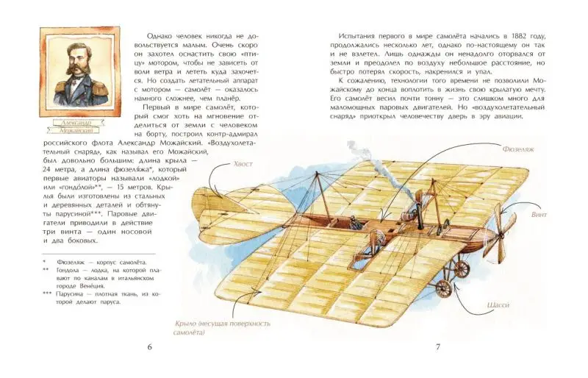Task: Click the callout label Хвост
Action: pyautogui.click(x=243, y=164)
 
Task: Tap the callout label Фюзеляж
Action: pyautogui.click(x=518, y=149)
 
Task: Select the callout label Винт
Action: pyautogui.click(x=539, y=215)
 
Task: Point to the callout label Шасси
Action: pyautogui.click(x=498, y=305)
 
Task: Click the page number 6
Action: pyautogui.click(x=150, y=347)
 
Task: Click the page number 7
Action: pyautogui.click(x=437, y=347)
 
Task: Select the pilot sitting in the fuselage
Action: pyautogui.click(x=354, y=224)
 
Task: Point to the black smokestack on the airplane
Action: pyautogui.click(x=420, y=218)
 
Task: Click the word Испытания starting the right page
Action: pyautogui.click(x=356, y=37)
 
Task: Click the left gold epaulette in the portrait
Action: pyautogui.click(x=60, y=87)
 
